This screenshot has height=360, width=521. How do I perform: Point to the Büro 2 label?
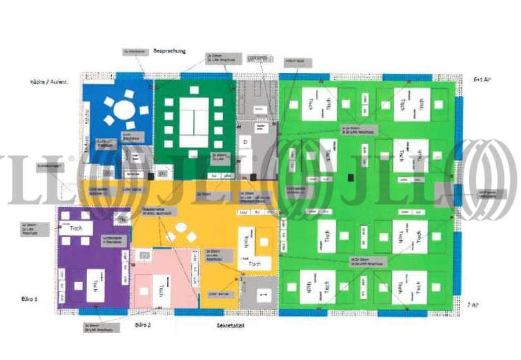coord(143,323)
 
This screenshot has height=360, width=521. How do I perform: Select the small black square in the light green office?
coord(351,178)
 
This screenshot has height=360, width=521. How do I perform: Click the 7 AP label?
coord(473,304)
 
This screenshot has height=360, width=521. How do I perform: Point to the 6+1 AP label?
coord(482,80)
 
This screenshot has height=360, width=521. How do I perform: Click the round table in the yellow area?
coord(181,228)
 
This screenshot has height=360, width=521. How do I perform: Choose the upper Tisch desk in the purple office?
coord(76,228)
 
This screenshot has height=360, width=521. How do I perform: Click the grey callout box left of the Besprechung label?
coord(132,51)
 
